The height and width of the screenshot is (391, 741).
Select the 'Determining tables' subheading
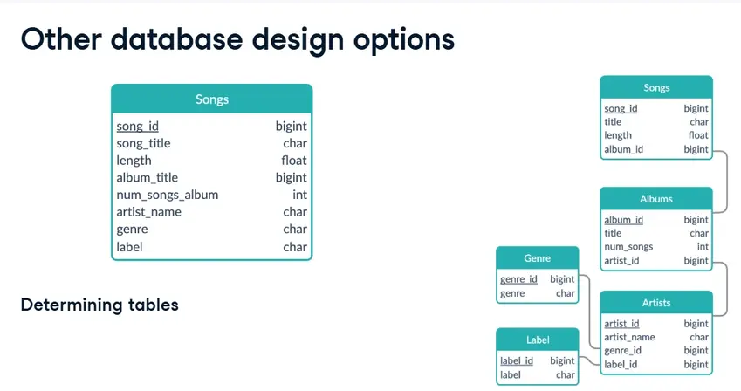[99, 305]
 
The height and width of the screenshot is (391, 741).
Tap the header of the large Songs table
[212, 99]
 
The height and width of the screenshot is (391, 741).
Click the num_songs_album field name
[168, 195]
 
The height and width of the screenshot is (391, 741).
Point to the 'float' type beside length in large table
[294, 161]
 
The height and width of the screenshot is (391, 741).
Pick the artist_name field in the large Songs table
[149, 212]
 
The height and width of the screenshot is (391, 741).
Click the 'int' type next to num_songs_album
[299, 195]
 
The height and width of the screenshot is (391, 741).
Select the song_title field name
[143, 143]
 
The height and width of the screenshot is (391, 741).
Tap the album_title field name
[147, 178]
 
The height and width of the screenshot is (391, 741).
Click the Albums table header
[656, 199]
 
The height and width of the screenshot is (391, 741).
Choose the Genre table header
[538, 258]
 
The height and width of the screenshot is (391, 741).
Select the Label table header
[538, 340]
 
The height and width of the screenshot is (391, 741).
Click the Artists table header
[656, 303]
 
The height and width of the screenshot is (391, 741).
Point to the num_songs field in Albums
[628, 247]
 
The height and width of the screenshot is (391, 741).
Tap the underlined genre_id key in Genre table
[518, 279]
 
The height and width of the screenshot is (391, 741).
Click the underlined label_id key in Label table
[517, 360]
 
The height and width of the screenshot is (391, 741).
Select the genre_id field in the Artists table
[622, 351]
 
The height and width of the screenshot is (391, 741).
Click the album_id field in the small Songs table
[623, 149]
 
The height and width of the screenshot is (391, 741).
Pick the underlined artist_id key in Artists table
[621, 324]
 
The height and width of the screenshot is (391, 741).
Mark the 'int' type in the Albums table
[703, 246]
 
